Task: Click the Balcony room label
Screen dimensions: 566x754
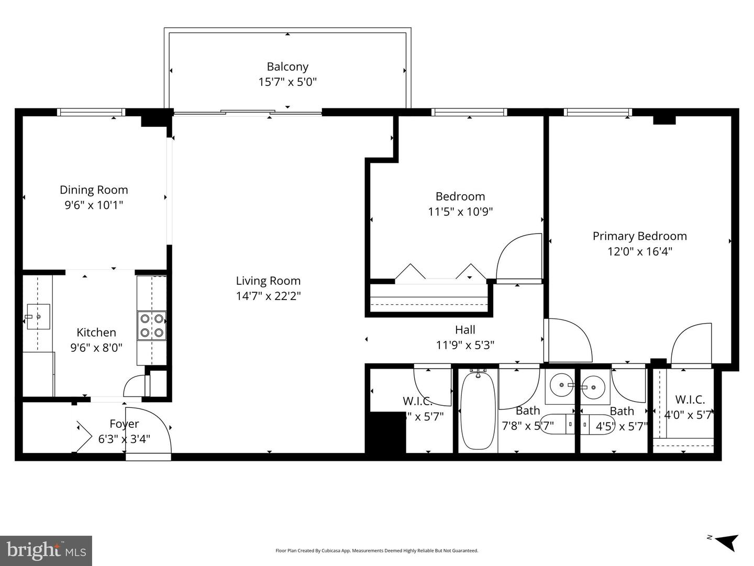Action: tap(287, 66)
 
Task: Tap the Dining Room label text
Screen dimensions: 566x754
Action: tap(94, 190)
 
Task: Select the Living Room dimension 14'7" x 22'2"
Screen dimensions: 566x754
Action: tap(268, 296)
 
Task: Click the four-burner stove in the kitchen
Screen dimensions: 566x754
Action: tap(152, 326)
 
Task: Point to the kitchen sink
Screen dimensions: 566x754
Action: tap(38, 317)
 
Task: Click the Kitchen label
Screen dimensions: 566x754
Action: tap(96, 332)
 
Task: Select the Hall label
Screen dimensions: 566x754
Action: tap(465, 330)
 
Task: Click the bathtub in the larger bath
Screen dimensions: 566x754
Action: tap(478, 410)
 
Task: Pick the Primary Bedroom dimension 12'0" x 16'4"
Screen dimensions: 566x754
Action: tap(639, 251)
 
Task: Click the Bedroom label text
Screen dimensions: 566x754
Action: tap(460, 196)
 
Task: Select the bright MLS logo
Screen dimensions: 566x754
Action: tap(46, 551)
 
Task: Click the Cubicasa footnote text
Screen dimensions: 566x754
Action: tap(376, 551)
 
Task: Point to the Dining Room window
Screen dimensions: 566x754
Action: tap(91, 112)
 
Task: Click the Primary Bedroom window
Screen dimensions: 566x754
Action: tap(597, 112)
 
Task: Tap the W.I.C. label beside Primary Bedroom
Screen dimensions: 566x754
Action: tap(690, 399)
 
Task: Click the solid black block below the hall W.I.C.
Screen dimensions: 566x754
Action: tap(385, 432)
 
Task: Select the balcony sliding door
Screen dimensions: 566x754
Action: tap(248, 112)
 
